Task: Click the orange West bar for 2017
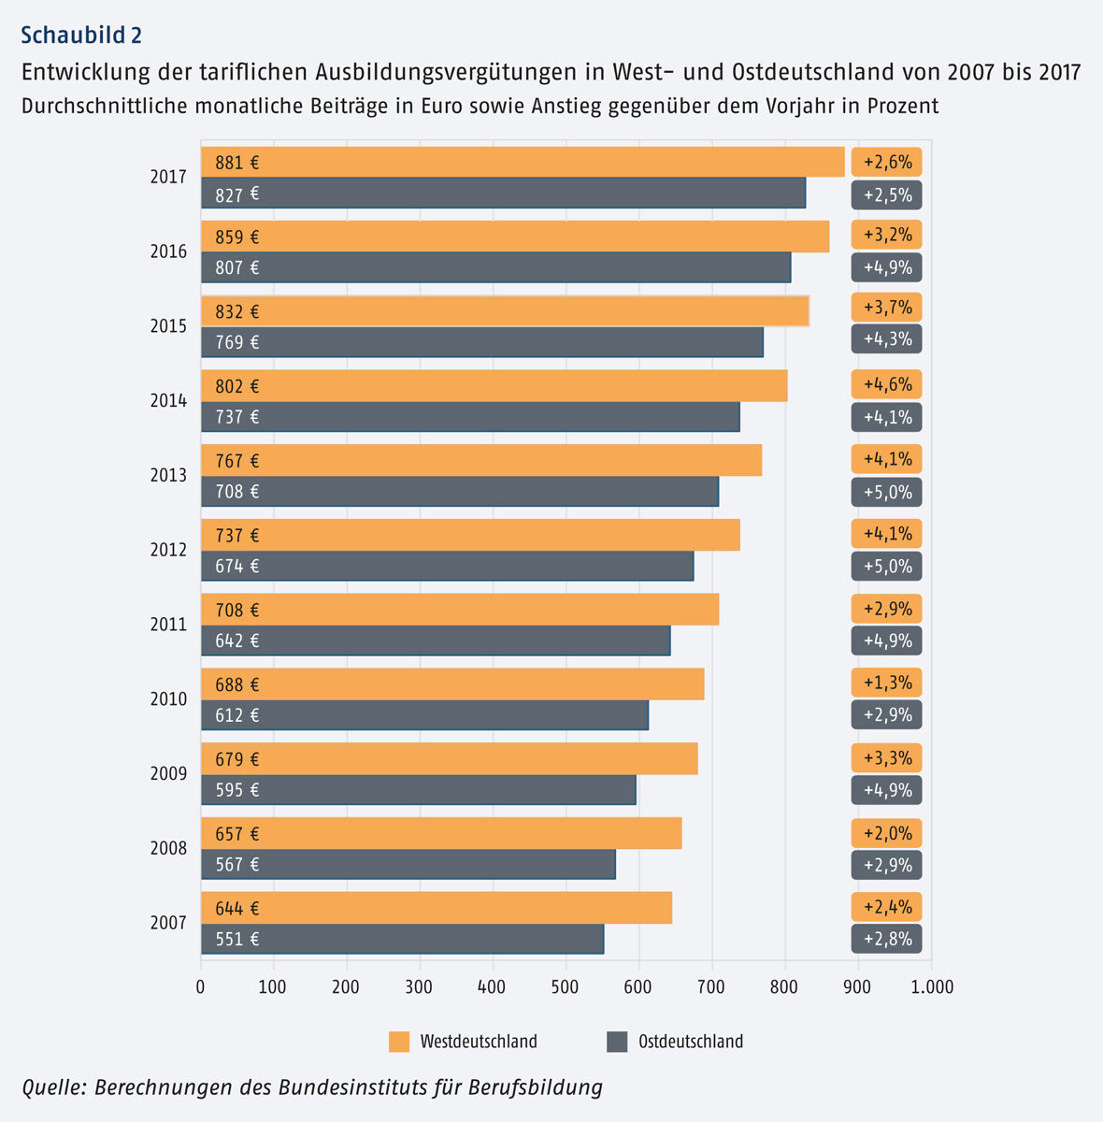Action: click(523, 162)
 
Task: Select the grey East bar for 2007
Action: click(402, 939)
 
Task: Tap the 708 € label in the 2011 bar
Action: click(237, 611)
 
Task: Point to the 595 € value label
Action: click(237, 790)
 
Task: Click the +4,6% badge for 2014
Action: click(887, 384)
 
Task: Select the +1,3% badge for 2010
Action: click(887, 683)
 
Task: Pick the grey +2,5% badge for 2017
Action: click(887, 195)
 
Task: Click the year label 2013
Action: click(168, 476)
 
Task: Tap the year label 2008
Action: click(168, 849)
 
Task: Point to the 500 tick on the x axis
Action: click(566, 987)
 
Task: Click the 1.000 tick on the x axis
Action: click(931, 987)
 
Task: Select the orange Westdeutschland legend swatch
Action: click(399, 1042)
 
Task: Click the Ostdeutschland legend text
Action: click(691, 1042)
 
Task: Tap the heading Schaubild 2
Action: click(81, 36)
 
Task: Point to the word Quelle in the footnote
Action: click(52, 1087)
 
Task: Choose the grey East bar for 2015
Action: click(482, 342)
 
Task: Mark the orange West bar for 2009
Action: click(449, 759)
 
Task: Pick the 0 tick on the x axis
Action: click(201, 987)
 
